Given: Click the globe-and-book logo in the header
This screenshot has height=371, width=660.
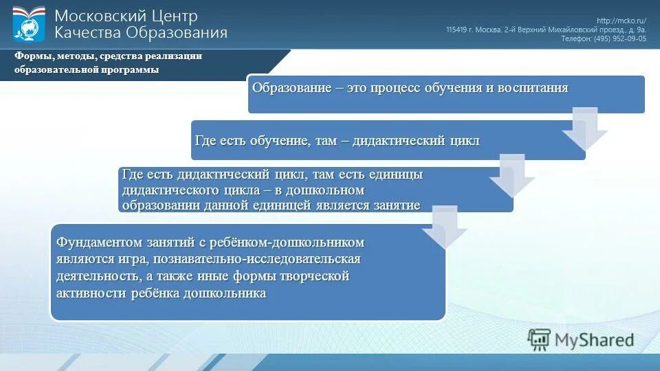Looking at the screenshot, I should pos(28,24).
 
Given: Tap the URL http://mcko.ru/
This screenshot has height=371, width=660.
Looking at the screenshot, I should pos(621,21).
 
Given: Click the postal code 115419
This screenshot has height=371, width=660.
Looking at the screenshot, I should pos(456,30).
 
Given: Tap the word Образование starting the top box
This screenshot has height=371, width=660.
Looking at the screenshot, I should pos(288,88).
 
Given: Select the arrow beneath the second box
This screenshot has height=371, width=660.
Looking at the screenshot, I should pos(511,176).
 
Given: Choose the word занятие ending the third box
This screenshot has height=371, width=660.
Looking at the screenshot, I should pos(396,205).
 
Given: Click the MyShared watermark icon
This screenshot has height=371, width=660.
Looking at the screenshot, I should pos(539,339).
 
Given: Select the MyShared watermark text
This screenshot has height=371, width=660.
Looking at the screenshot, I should pos(595,339).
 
